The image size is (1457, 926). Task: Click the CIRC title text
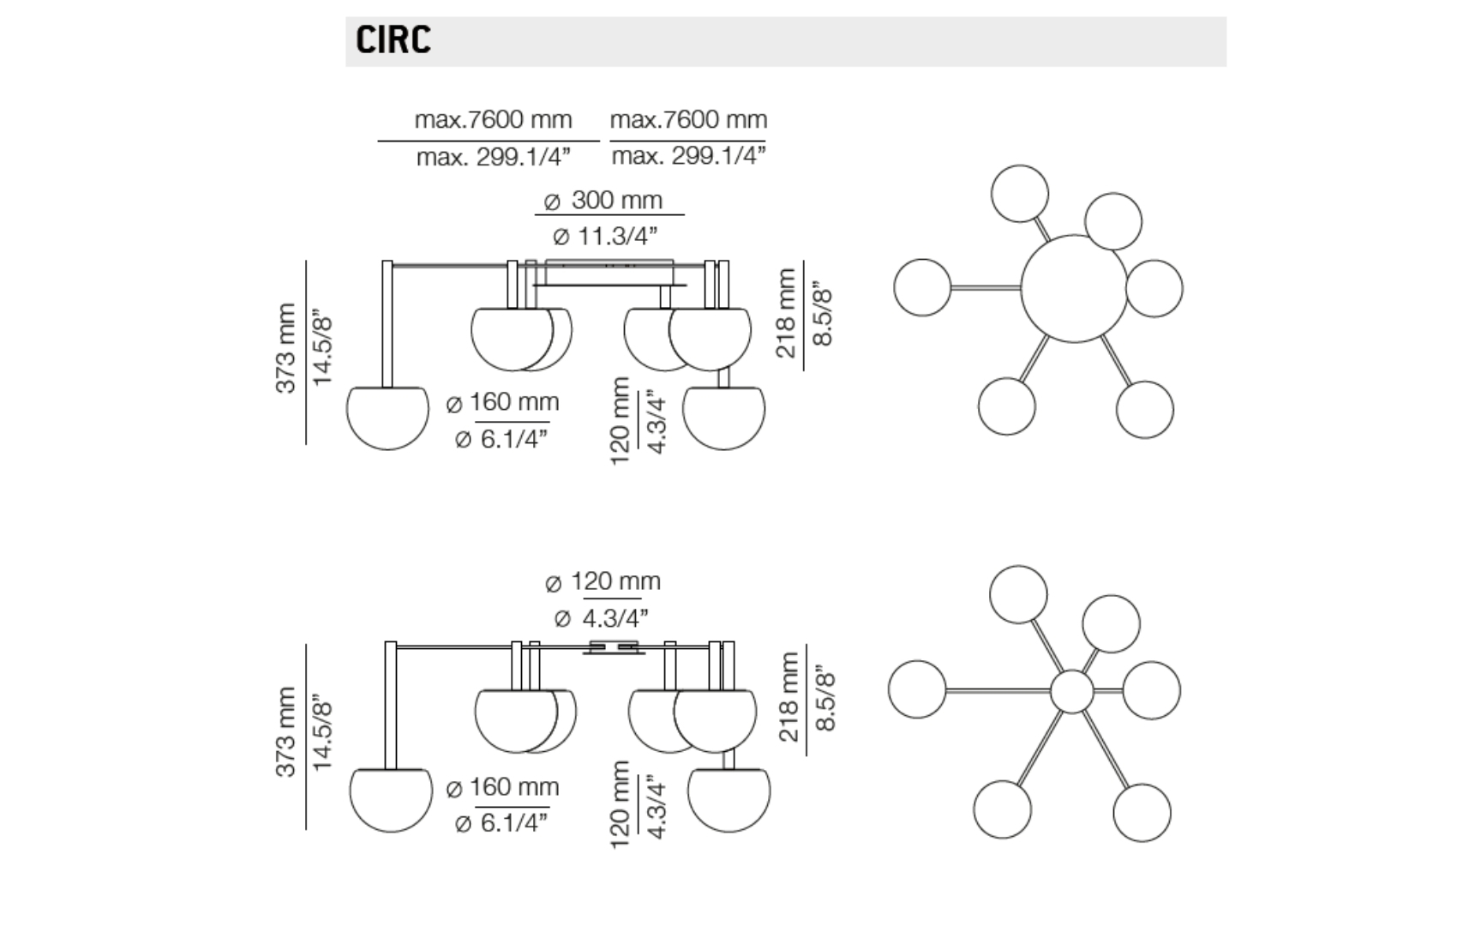(x=393, y=40)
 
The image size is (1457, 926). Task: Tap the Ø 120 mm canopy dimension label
(x=603, y=581)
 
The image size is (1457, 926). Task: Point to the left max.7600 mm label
(x=493, y=119)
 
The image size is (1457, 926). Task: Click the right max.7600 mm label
(x=688, y=119)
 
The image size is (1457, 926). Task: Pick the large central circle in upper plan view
(x=1074, y=288)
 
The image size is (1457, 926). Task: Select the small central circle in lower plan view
(x=1071, y=691)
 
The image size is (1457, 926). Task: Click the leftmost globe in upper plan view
(x=922, y=287)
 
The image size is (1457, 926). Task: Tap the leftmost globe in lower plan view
(x=917, y=689)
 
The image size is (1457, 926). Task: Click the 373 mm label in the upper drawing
(x=285, y=347)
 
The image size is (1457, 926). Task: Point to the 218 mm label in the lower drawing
(x=788, y=696)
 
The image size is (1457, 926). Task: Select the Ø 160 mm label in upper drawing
(x=503, y=402)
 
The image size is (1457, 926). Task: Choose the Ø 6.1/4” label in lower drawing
(x=501, y=823)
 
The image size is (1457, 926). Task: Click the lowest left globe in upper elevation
(x=387, y=417)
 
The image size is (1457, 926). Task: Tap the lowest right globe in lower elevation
(x=728, y=799)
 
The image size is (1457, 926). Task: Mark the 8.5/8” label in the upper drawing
(x=823, y=313)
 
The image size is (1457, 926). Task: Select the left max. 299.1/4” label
(x=493, y=157)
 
